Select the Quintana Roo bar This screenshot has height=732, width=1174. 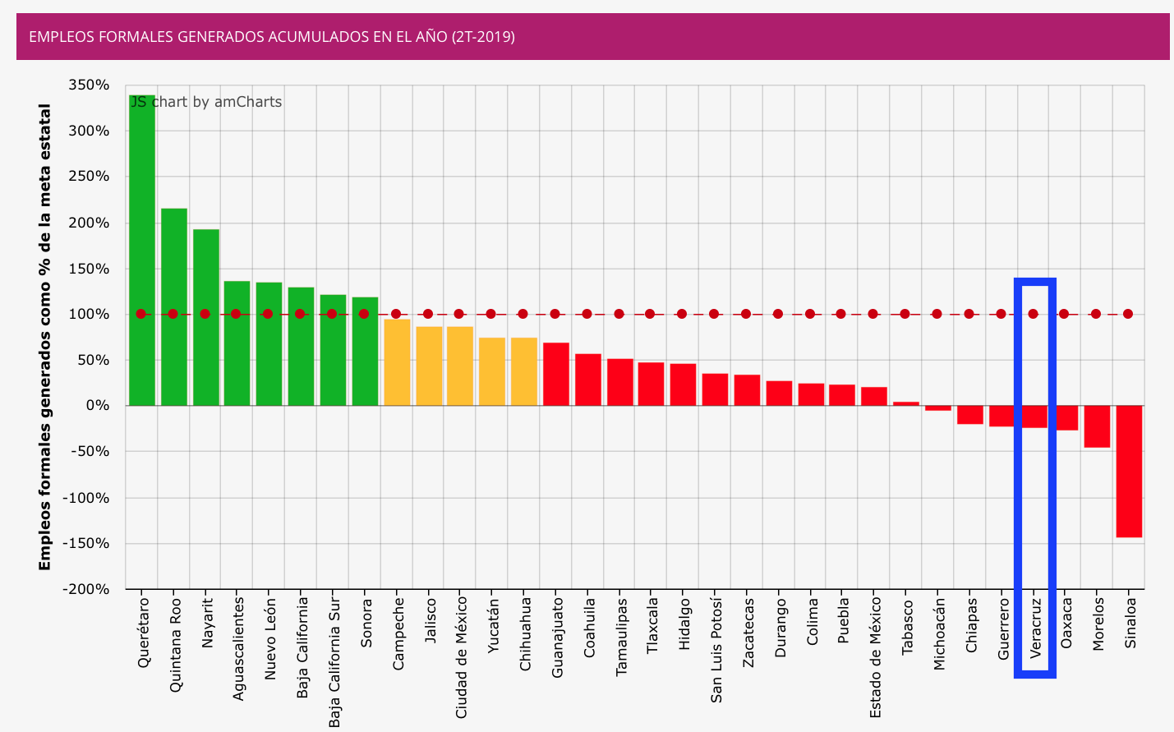pyautogui.click(x=174, y=307)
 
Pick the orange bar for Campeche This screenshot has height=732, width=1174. pyautogui.click(x=397, y=362)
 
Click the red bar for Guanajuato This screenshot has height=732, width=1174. pyautogui.click(x=556, y=374)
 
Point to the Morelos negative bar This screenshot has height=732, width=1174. pyautogui.click(x=1097, y=426)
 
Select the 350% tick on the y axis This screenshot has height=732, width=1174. pyautogui.click(x=90, y=85)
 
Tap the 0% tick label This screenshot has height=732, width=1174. pyautogui.click(x=96, y=406)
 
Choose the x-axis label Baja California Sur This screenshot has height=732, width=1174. pyautogui.click(x=334, y=662)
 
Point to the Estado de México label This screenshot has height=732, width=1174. pyautogui.click(x=876, y=657)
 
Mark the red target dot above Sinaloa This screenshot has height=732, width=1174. pyautogui.click(x=1128, y=314)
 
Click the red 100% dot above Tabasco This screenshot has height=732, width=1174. pyautogui.click(x=905, y=314)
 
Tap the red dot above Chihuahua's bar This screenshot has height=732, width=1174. pyautogui.click(x=523, y=314)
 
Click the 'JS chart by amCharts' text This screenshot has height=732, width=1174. pyautogui.click(x=206, y=102)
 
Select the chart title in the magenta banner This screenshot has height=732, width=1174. pyautogui.click(x=272, y=37)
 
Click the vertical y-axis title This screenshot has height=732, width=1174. pyautogui.click(x=45, y=337)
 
